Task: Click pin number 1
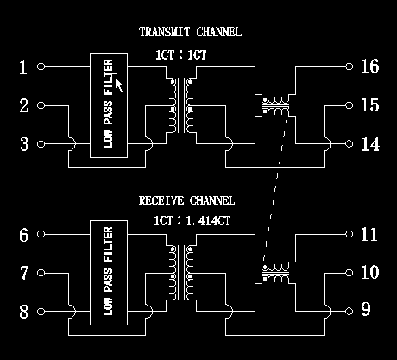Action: pos(24,66)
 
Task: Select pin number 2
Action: pos(24,105)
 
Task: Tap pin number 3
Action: pos(24,144)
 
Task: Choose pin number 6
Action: pos(24,235)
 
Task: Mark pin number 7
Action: pos(24,274)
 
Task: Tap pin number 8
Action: pos(24,312)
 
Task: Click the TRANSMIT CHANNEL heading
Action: pos(190,33)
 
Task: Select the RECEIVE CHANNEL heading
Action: pos(189,201)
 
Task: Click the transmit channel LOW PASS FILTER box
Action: pos(109,104)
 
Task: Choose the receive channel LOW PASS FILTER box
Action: pos(109,273)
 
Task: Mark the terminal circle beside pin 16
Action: pos(348,66)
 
